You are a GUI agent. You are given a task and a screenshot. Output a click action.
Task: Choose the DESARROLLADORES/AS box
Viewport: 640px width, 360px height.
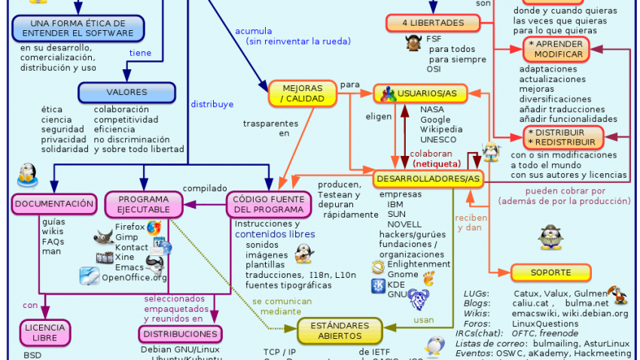click(x=427, y=178)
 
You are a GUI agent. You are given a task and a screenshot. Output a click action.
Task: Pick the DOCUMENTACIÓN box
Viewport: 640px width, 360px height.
click(x=54, y=203)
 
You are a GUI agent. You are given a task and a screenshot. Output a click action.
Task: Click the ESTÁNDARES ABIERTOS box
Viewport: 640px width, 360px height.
click(x=334, y=331)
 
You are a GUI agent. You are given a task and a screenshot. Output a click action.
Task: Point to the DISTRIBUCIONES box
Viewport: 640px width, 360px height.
click(x=181, y=334)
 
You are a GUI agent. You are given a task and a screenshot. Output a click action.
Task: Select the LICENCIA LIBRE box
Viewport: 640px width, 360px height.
click(x=44, y=333)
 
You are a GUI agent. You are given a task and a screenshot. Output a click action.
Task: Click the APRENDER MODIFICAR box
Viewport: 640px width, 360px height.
click(x=556, y=50)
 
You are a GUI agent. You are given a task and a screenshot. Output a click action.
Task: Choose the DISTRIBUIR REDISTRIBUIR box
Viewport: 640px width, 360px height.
click(x=565, y=137)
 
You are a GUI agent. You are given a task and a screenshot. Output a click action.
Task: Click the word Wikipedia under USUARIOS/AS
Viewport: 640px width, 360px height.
click(x=441, y=130)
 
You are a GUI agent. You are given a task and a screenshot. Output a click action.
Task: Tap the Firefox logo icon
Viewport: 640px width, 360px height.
click(x=154, y=227)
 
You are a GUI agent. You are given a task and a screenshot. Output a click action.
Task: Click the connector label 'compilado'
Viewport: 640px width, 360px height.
click(x=205, y=188)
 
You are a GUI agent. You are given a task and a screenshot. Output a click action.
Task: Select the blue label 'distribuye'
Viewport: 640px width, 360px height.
click(x=212, y=105)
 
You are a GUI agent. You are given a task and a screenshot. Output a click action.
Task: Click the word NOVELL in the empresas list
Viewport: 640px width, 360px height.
click(x=404, y=224)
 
